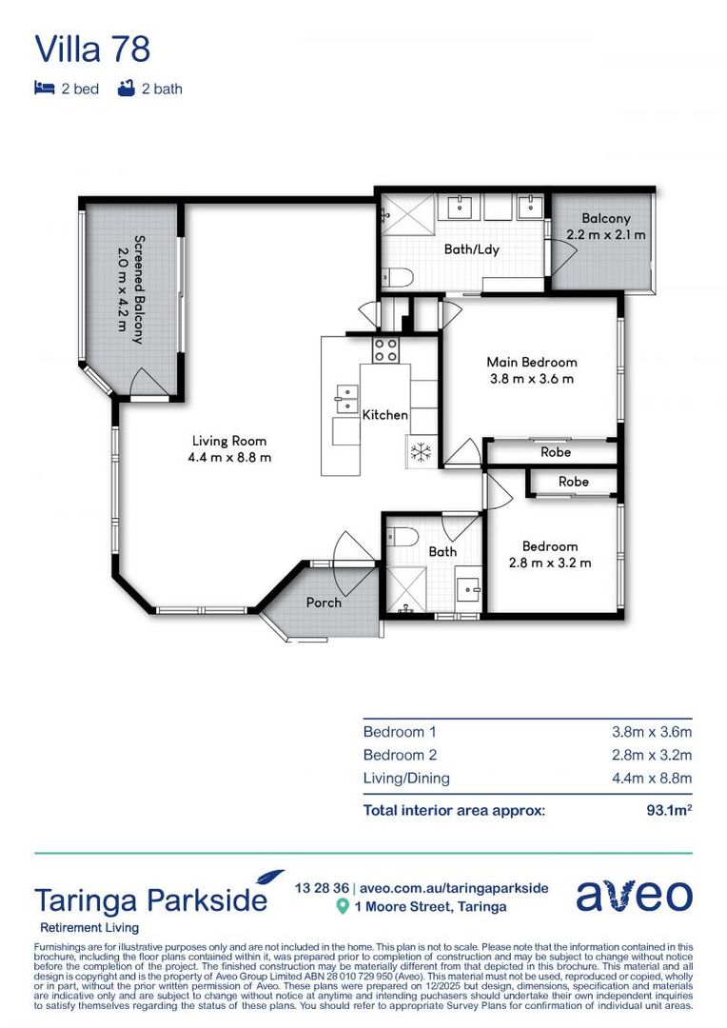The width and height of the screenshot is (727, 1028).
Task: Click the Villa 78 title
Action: (x=92, y=49)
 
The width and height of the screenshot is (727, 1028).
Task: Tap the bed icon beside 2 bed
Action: (x=44, y=89)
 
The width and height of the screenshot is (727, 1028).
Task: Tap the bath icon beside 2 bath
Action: (x=124, y=89)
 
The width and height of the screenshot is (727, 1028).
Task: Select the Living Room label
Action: (x=229, y=441)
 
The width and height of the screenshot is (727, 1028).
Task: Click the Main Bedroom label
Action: (x=531, y=362)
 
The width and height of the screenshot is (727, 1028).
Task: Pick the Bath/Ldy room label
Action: (x=472, y=249)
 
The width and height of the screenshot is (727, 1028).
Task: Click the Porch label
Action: (x=324, y=602)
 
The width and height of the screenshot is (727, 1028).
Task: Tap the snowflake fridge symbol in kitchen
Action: (x=421, y=454)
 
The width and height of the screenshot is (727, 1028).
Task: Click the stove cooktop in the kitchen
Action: (x=385, y=349)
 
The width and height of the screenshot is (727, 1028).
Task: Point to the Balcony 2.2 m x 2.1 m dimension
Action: (x=606, y=234)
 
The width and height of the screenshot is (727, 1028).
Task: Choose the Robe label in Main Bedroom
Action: (x=556, y=452)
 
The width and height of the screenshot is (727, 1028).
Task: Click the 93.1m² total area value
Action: (x=669, y=810)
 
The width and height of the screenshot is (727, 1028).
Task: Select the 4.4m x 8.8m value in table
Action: (x=652, y=779)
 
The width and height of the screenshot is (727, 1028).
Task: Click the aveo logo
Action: (x=634, y=896)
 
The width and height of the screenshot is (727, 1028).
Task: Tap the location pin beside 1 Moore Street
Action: (x=344, y=907)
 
